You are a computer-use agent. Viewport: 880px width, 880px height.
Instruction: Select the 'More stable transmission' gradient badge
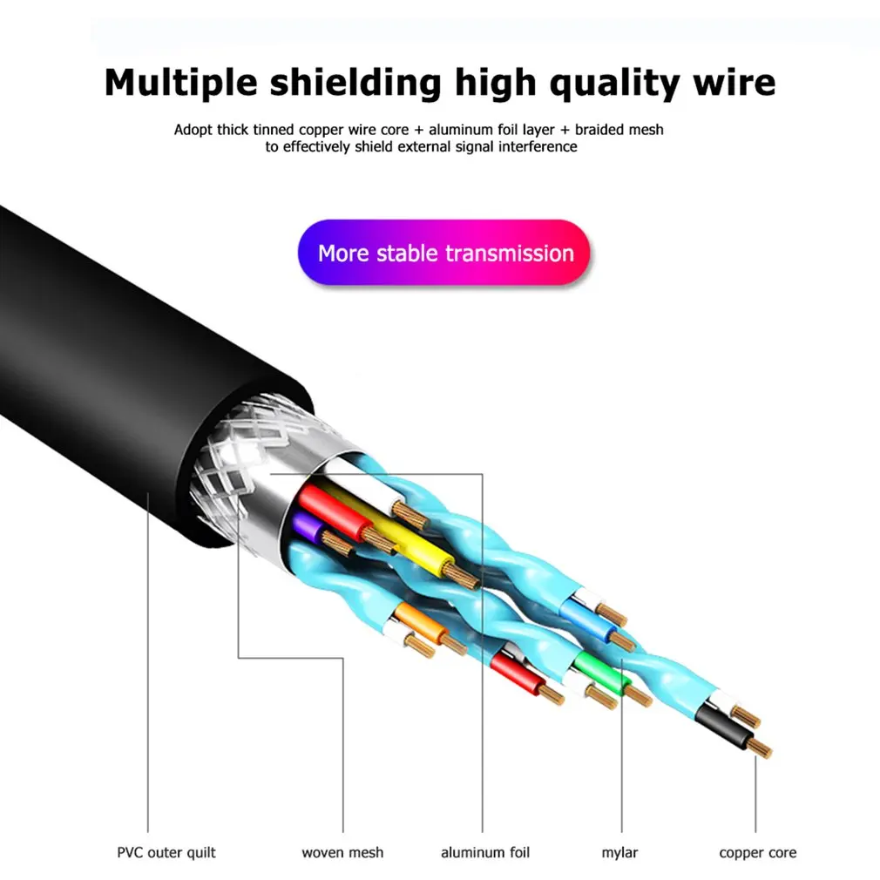click(444, 254)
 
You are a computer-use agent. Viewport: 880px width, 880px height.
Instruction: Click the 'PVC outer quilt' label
click(166, 852)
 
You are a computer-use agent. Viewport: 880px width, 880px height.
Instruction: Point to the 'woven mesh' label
click(342, 852)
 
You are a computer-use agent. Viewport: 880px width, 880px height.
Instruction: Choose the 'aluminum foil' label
click(484, 852)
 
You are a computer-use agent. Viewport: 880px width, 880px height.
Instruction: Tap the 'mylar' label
click(621, 852)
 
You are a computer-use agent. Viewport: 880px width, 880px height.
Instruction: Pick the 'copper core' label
click(757, 852)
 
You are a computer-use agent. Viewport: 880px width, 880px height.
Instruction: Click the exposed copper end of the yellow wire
click(463, 575)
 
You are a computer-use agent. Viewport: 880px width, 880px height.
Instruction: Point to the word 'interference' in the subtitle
click(538, 146)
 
